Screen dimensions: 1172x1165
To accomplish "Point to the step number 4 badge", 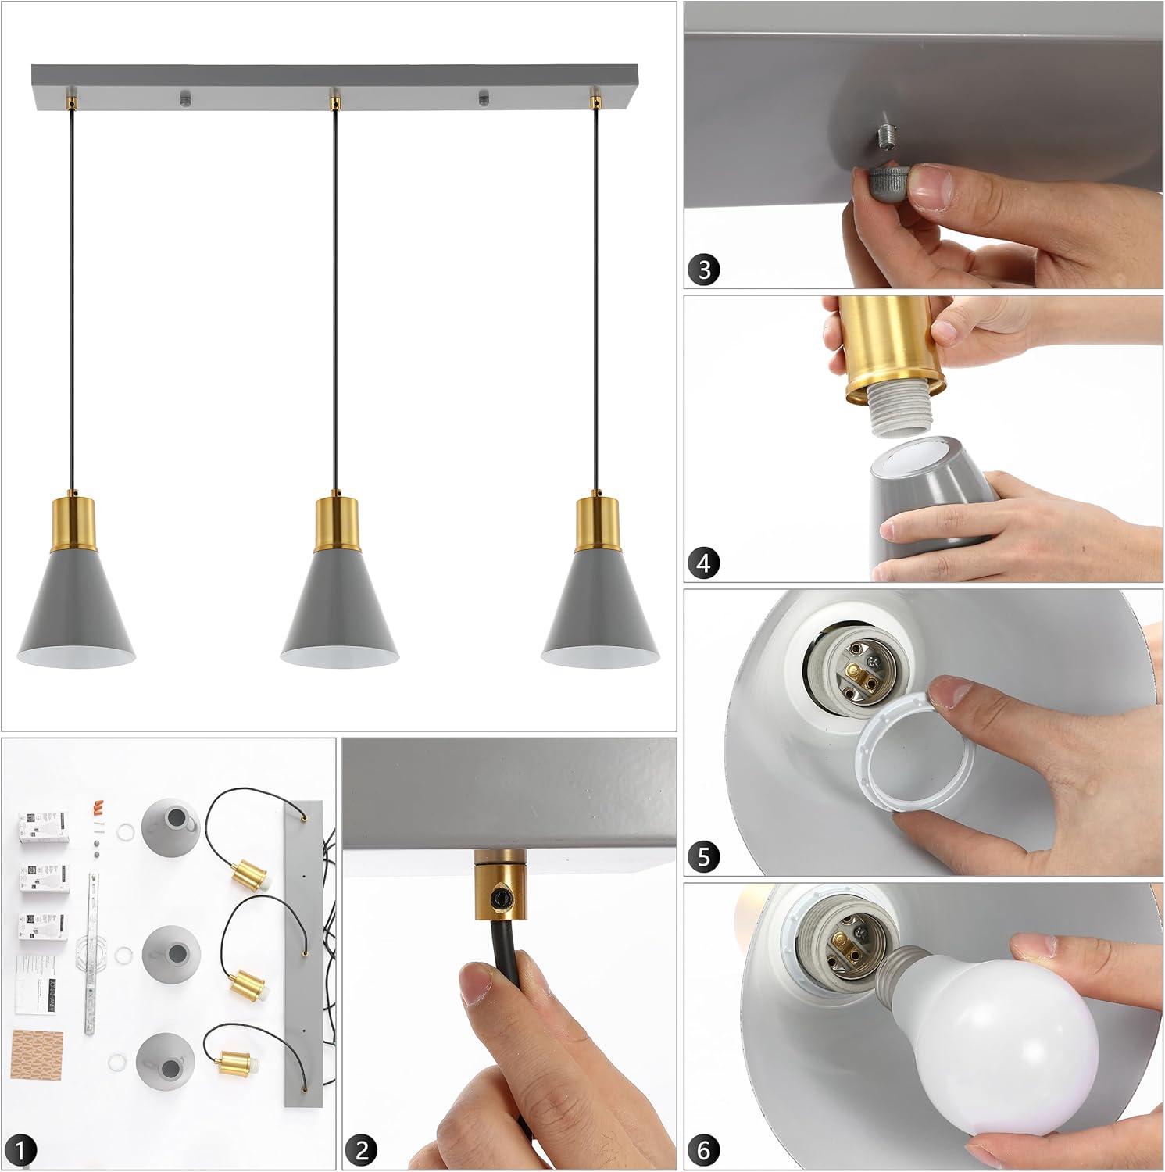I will (705, 563).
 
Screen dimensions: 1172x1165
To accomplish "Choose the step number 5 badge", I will (705, 857).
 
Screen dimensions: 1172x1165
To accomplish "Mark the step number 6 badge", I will (705, 1149).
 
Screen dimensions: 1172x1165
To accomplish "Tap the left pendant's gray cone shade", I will (78, 609).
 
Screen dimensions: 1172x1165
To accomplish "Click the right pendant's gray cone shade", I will (598, 609).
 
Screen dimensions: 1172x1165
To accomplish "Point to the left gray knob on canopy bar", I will (184, 99).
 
